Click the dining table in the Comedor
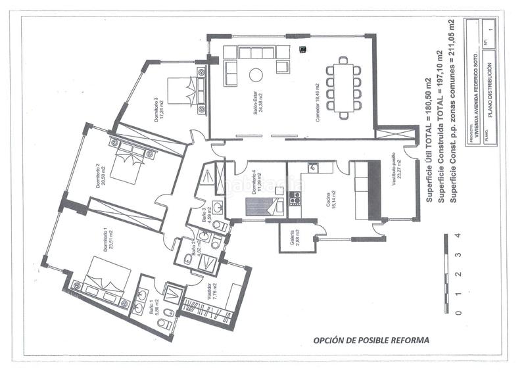[345, 87]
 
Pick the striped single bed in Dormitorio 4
[266, 207]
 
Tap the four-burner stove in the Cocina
[295, 198]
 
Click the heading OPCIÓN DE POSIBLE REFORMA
[371, 340]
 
